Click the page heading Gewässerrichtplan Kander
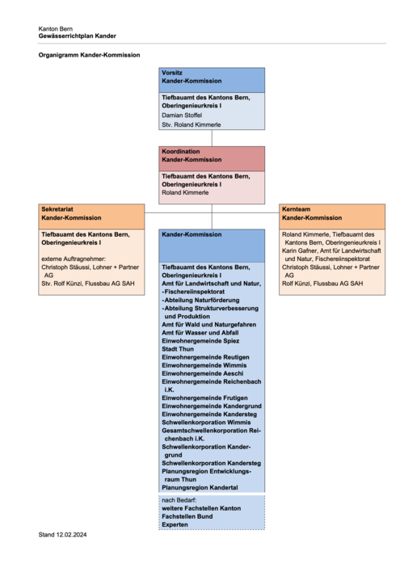pyautogui.click(x=78, y=36)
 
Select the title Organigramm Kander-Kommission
pyautogui.click(x=89, y=55)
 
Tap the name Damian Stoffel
pyautogui.click(x=182, y=116)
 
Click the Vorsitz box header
pyautogui.click(x=212, y=80)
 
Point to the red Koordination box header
pyautogui.click(x=212, y=158)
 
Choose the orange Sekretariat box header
pyautogui.click(x=91, y=217)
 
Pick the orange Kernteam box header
pyautogui.click(x=332, y=217)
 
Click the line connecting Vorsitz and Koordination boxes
pyautogui.click(x=212, y=138)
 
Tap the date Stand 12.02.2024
pyautogui.click(x=62, y=535)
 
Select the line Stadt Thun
pyautogui.click(x=178, y=349)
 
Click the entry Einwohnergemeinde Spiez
pyautogui.click(x=200, y=341)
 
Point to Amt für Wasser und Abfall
pyautogui.click(x=200, y=333)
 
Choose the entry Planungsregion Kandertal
pyautogui.click(x=200, y=488)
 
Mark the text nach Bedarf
pyautogui.click(x=179, y=500)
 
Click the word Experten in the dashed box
pyautogui.click(x=175, y=524)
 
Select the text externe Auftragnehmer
pyautogui.click(x=74, y=259)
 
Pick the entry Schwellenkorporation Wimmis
pyautogui.click(x=206, y=423)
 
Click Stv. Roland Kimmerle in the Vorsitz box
pyautogui.click(x=191, y=124)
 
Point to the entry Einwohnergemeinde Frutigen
pyautogui.click(x=204, y=398)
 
